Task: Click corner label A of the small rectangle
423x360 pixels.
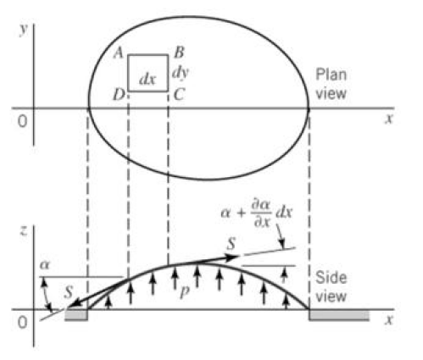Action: [x=119, y=53]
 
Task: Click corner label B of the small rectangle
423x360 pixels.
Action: [x=179, y=53]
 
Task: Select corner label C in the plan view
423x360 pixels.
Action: [x=179, y=95]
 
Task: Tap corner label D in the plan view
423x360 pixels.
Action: [x=119, y=95]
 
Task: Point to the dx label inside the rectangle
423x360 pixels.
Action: [x=147, y=80]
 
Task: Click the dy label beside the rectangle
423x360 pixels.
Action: [x=181, y=73]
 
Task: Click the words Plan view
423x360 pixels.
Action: [x=331, y=84]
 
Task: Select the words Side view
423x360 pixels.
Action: [x=331, y=286]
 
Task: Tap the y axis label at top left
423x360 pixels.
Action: [x=24, y=30]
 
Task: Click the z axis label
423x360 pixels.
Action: [x=24, y=231]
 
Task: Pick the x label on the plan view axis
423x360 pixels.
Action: [x=389, y=119]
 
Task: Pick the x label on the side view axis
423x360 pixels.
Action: [x=389, y=319]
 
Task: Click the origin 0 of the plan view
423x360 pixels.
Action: [x=23, y=122]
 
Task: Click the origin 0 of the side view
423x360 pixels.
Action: [x=23, y=322]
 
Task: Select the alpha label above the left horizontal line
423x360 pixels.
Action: [x=45, y=265]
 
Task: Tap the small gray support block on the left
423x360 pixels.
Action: [x=76, y=314]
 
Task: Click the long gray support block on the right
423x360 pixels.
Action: [x=339, y=315]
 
